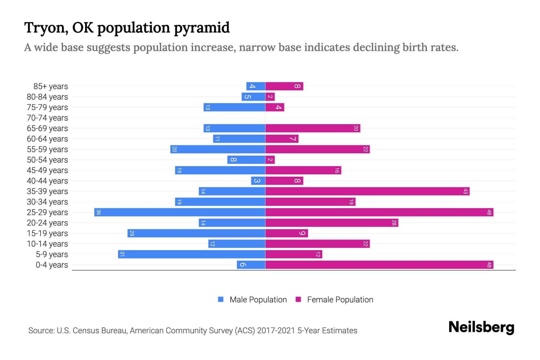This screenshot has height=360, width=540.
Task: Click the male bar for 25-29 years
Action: coord(180,212)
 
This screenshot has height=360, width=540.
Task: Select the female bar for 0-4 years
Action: coord(379,265)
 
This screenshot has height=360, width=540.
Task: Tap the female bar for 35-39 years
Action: coord(367,191)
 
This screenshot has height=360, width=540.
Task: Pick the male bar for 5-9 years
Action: coord(191,254)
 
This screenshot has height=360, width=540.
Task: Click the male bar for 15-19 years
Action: coord(196,233)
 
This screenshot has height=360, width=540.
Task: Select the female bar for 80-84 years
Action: coord(270,97)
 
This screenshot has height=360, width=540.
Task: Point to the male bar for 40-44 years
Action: coord(258,181)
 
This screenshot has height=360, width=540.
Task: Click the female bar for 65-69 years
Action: coord(313,128)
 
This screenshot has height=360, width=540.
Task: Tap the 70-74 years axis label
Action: coord(47,118)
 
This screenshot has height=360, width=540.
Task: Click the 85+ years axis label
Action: coord(51,86)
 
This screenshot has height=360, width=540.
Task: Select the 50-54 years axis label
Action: coord(47,160)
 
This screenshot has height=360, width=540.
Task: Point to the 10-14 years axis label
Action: coord(47,244)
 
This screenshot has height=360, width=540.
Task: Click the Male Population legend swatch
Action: coord(221,299)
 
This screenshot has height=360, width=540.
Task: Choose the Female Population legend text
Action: coord(340,300)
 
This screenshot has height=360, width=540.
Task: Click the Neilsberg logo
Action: coord(481,327)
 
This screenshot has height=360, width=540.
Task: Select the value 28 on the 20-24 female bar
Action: coord(394,223)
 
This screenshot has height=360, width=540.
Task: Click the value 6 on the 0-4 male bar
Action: coord(243,265)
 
